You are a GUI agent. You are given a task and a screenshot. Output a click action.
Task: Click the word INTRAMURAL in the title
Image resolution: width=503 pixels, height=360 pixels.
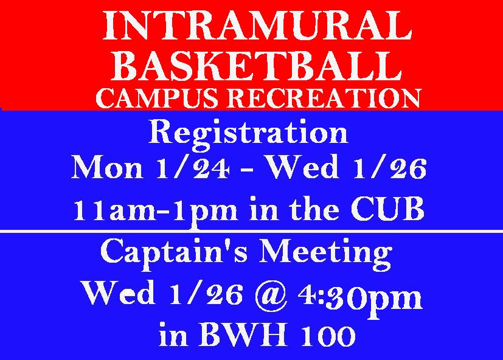point(257,26)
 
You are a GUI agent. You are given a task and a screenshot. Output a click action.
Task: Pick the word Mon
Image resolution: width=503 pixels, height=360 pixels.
point(107,168)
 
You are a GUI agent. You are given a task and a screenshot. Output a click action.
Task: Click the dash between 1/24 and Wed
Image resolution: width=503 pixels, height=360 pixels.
point(248,170)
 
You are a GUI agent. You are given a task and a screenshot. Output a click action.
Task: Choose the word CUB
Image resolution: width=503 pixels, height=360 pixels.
point(387,209)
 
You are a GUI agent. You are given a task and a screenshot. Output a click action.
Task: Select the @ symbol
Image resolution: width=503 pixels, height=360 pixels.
point(271,295)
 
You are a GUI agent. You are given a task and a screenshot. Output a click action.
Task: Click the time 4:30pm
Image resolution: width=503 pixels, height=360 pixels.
point(360,297)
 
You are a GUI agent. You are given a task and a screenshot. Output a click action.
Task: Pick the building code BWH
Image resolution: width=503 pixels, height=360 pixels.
point(244,335)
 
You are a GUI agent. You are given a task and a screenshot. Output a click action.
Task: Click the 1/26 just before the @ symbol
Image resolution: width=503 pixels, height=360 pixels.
point(206,294)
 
